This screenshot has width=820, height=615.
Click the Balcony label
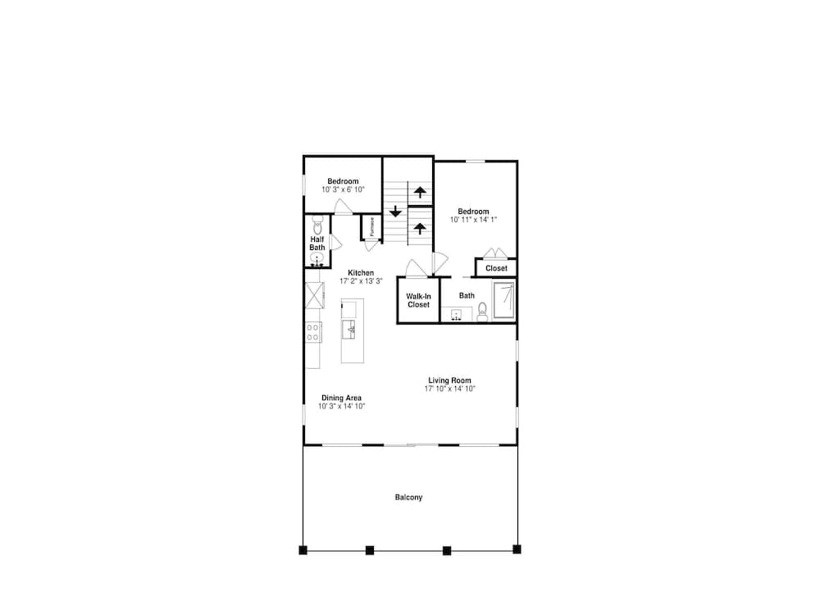tap(408, 498)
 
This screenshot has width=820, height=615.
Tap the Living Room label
tap(449, 380)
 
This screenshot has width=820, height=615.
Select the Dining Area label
tap(341, 398)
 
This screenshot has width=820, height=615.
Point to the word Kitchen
tap(361, 273)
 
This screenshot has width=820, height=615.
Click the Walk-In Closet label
tap(418, 300)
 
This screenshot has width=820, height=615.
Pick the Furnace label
tap(371, 226)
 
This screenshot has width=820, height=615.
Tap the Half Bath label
tap(317, 244)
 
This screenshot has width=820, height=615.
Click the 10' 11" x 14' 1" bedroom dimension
tap(473, 220)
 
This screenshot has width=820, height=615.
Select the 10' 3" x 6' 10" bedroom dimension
tap(343, 189)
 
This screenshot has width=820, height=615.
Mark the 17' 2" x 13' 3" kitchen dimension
tap(361, 280)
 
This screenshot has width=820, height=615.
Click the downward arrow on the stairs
tap(395, 212)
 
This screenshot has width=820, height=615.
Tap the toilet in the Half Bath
tap(317, 225)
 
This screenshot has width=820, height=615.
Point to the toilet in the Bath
tap(482, 312)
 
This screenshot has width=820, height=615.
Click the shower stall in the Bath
tap(504, 300)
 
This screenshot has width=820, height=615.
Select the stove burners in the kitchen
tap(313, 332)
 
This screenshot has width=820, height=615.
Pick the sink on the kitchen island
tap(348, 330)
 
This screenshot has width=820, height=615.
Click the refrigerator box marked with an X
tap(314, 295)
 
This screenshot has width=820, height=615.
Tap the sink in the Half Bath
tap(317, 258)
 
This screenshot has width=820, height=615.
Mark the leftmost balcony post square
tap(303, 549)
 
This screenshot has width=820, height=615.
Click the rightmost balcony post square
tap(517, 549)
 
